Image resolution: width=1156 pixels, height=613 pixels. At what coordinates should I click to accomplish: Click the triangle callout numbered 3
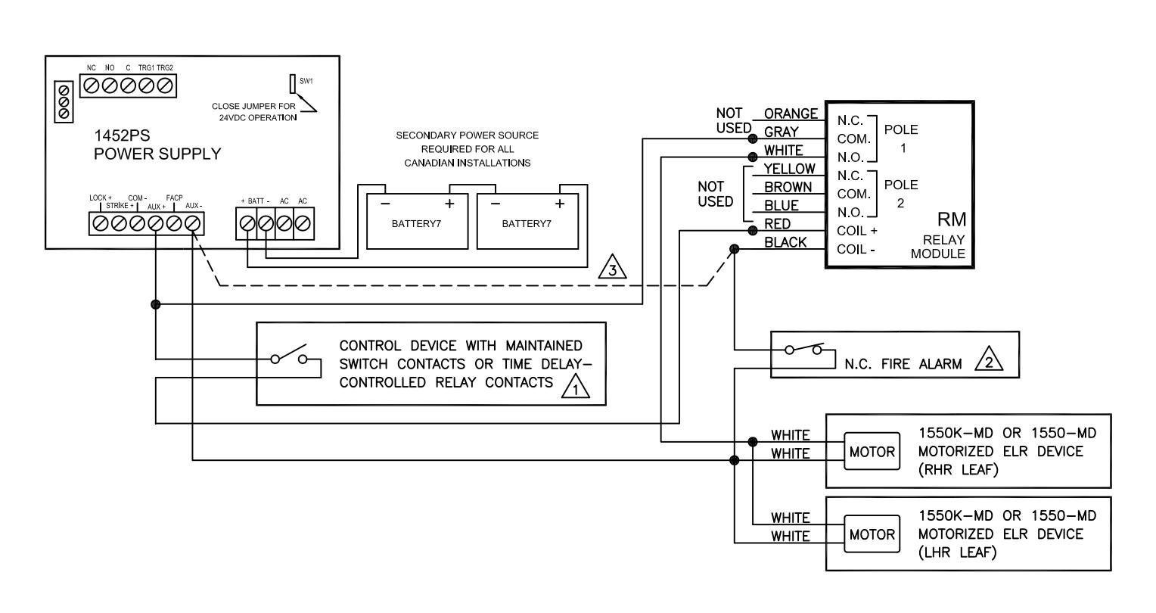[x=612, y=267]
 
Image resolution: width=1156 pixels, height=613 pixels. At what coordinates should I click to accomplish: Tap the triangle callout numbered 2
[x=988, y=359]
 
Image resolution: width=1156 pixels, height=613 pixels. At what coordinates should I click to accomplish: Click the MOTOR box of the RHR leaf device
[x=872, y=451]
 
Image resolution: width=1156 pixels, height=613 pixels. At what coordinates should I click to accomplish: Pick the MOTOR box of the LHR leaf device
[x=872, y=534]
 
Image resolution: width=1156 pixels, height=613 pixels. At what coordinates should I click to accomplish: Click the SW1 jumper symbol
[x=293, y=84]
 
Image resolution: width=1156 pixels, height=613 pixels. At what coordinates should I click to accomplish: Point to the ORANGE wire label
[x=791, y=114]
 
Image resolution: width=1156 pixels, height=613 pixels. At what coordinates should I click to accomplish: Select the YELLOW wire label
[x=789, y=169]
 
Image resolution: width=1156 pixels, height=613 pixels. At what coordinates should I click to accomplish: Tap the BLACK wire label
[x=785, y=242]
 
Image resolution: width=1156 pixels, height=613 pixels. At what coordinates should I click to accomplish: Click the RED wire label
[x=777, y=224]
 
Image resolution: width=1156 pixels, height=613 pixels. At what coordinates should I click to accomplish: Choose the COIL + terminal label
[x=856, y=231]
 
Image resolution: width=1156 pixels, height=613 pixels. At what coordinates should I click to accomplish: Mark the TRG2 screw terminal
[x=165, y=86]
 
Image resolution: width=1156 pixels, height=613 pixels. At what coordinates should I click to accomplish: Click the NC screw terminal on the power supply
[x=91, y=86]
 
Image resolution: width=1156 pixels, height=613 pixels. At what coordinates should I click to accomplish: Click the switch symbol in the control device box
[x=289, y=354]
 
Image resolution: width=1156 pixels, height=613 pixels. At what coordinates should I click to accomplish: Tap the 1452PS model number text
[x=122, y=135]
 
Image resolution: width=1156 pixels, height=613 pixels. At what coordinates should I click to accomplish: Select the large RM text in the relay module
[x=952, y=219]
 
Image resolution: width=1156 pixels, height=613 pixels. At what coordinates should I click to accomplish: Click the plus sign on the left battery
[x=449, y=204]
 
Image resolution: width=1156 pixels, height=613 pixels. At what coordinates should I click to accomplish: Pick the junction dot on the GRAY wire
[x=753, y=138]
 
